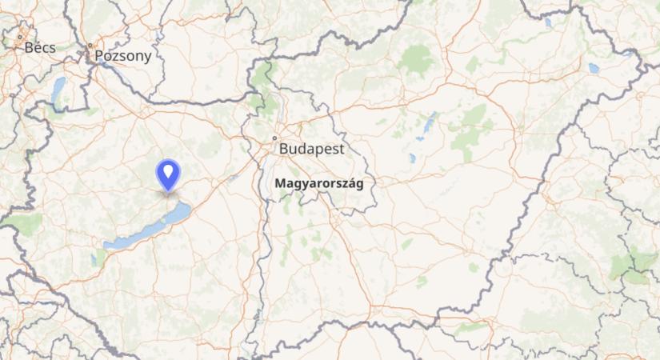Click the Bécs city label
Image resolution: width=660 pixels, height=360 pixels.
click(x=40, y=47)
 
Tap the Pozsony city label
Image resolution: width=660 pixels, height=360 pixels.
click(x=122, y=56)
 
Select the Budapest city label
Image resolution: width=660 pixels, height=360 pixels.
click(x=311, y=149)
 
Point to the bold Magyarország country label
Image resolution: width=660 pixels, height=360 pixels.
click(x=318, y=183)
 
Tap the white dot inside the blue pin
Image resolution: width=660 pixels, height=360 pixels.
click(x=168, y=170)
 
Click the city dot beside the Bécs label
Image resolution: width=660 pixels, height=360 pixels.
click(x=19, y=36)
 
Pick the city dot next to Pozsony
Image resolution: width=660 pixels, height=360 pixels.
click(x=90, y=46)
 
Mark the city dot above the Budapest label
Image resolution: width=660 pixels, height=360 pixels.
click(x=274, y=138)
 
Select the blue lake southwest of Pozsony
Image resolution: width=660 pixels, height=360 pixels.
click(x=58, y=91)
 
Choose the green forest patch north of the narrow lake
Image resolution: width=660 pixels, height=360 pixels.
click(x=417, y=58)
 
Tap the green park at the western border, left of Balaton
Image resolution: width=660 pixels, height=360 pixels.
click(x=24, y=223)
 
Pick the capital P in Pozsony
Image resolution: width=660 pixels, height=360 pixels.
click(x=99, y=56)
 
